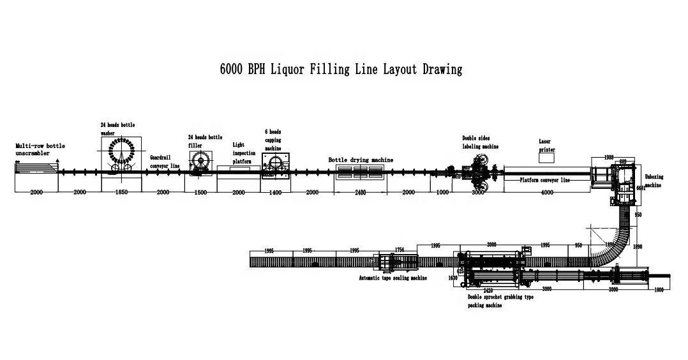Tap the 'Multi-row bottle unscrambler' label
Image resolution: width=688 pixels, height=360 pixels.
pos(40,149)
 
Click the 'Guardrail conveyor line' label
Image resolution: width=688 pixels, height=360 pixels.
pos(165,161)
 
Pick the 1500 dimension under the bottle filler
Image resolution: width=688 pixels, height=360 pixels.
pos(200,192)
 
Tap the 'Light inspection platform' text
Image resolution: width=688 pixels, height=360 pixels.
pos(243,153)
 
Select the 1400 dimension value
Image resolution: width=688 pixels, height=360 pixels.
pos(274,192)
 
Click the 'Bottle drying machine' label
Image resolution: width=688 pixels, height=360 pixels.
pos(361,160)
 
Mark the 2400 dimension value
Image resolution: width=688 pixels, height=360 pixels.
pos(360,192)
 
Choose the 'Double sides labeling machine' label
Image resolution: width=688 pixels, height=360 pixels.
pos(480,142)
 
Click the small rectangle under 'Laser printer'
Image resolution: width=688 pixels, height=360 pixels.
pos(546,158)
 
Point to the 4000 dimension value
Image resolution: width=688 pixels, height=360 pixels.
pos(547,192)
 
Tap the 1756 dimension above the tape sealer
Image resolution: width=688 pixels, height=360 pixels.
pos(400,250)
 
